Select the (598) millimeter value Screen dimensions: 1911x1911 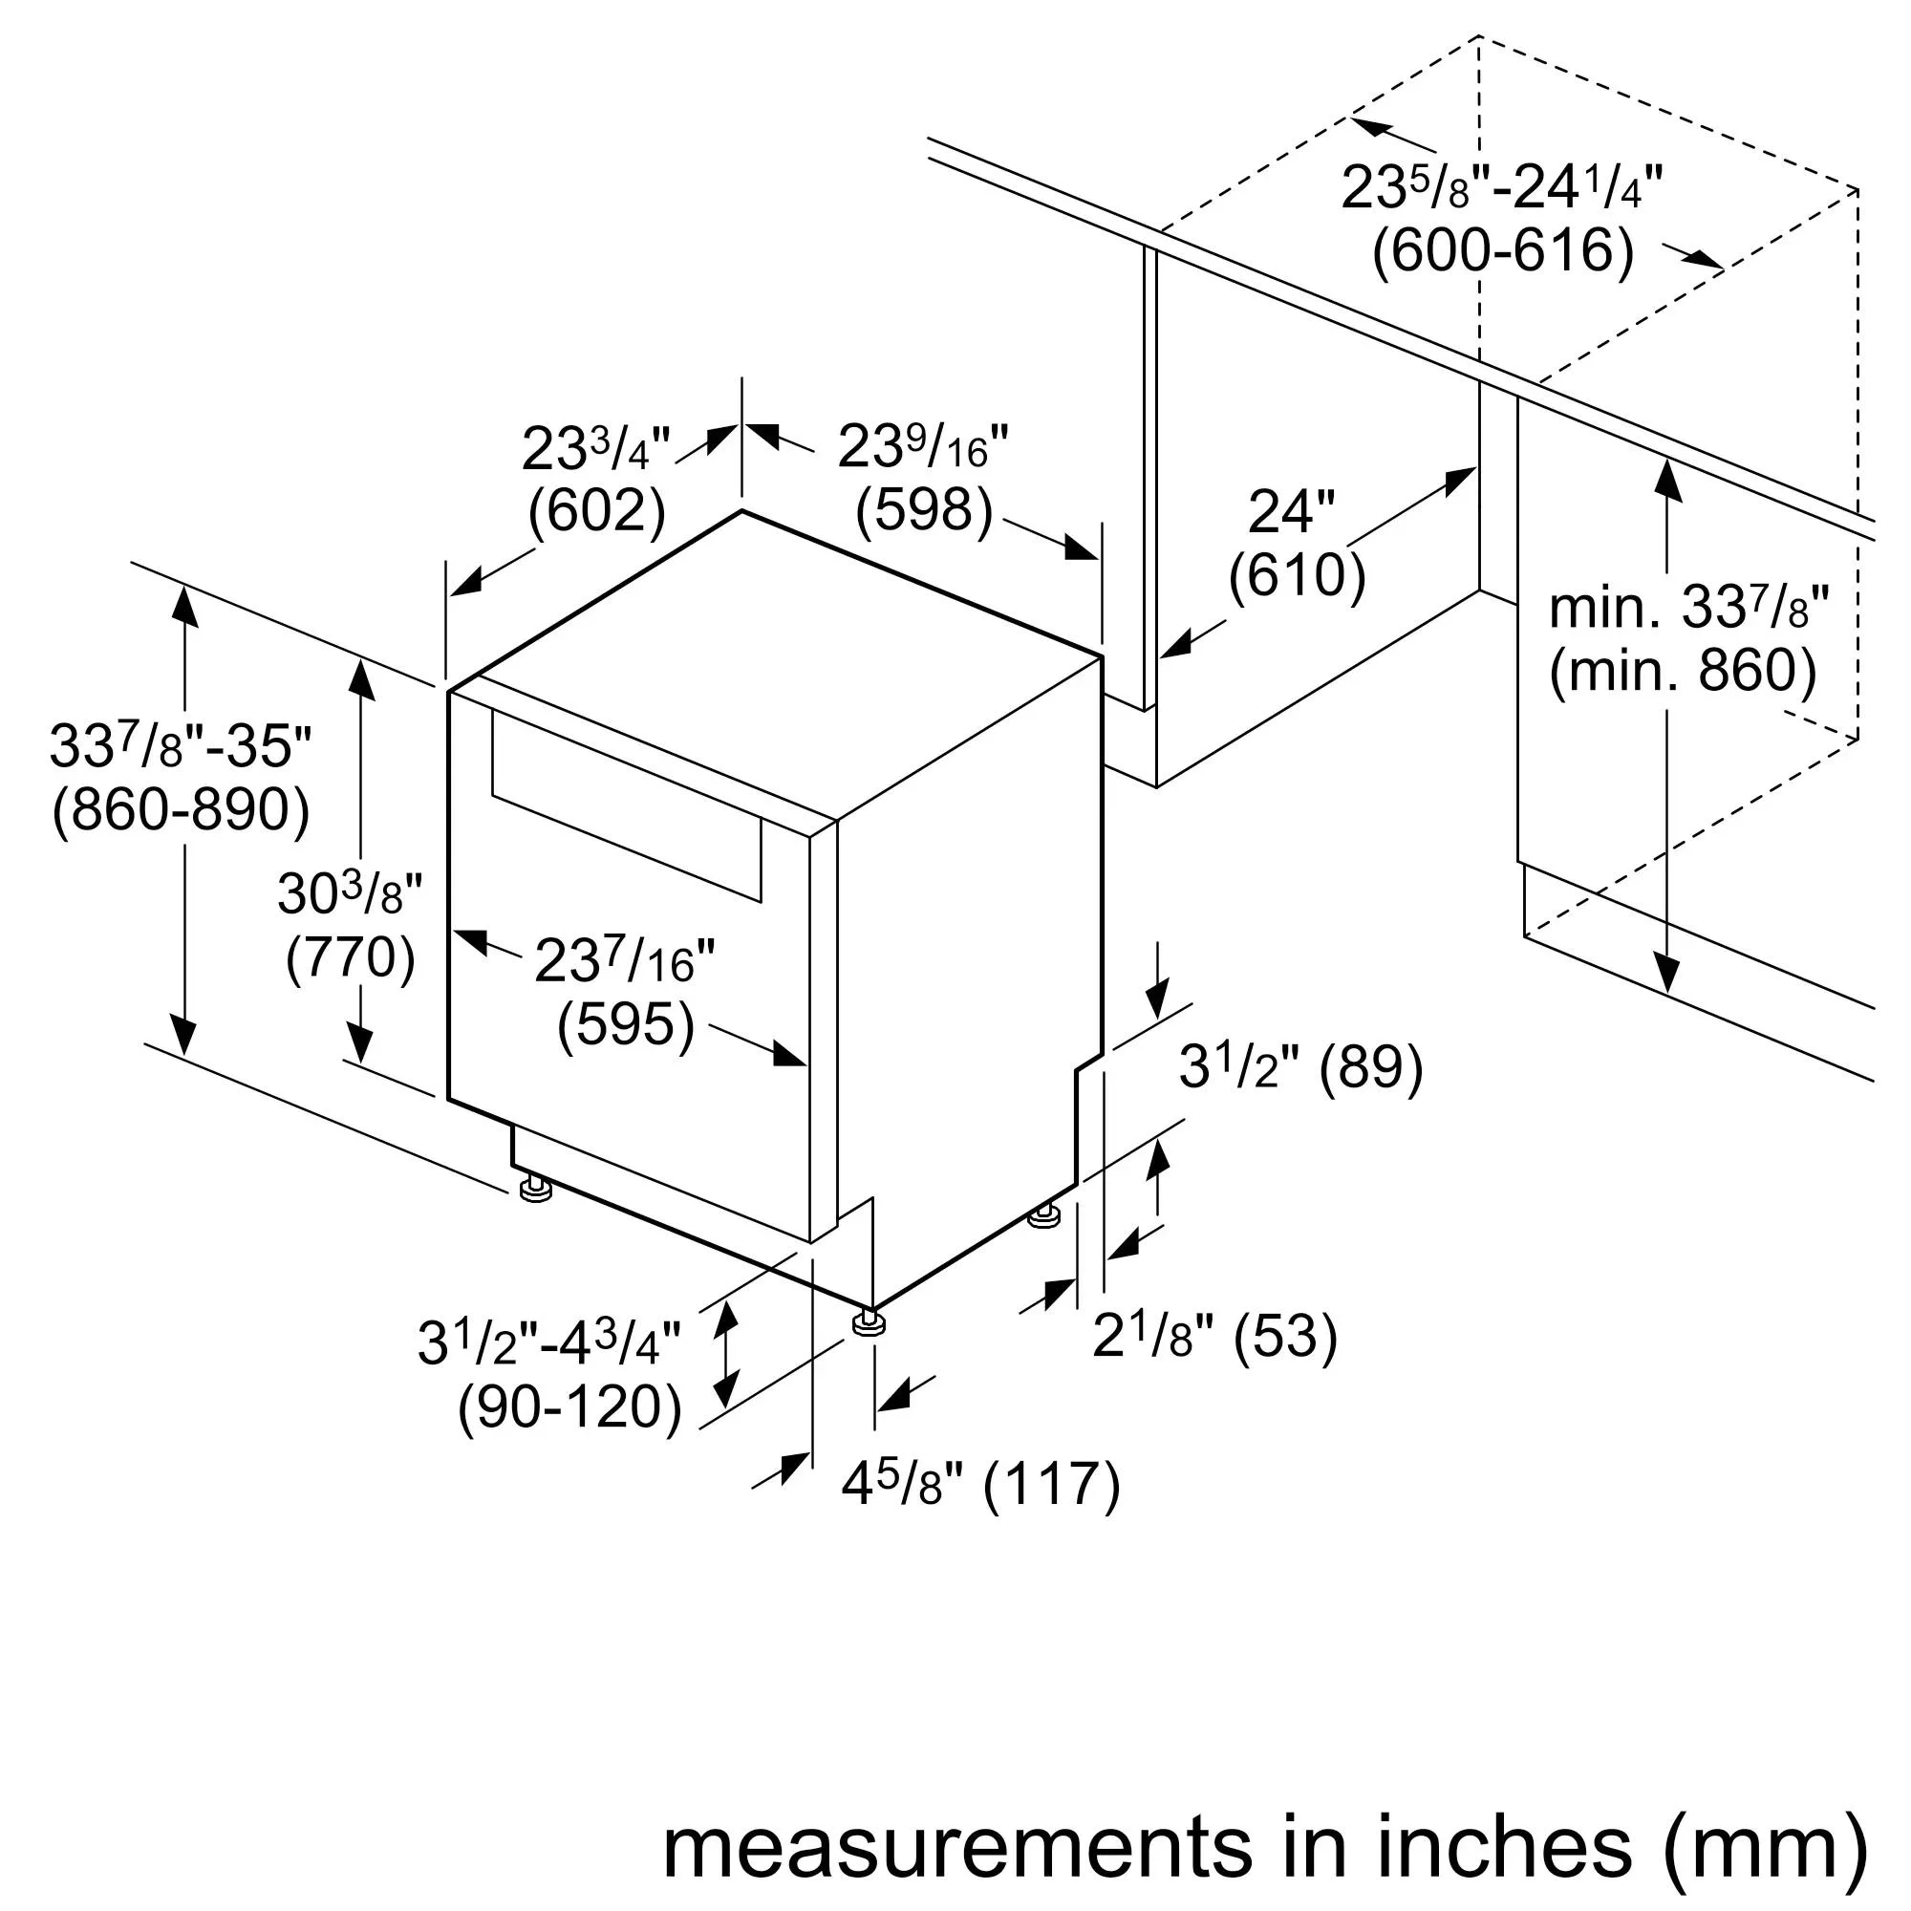point(924,510)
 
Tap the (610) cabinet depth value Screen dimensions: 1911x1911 point(1297,574)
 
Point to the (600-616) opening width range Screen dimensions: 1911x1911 point(1502,251)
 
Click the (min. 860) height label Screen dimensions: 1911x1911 point(1683,671)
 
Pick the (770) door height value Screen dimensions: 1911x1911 point(350,956)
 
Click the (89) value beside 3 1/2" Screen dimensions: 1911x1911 point(1372,1067)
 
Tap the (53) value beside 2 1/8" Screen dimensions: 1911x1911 point(1286,1337)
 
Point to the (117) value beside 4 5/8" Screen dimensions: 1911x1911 point(1052,1484)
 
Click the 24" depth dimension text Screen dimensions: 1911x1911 point(1291,511)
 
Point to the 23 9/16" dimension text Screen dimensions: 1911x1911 point(923,447)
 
